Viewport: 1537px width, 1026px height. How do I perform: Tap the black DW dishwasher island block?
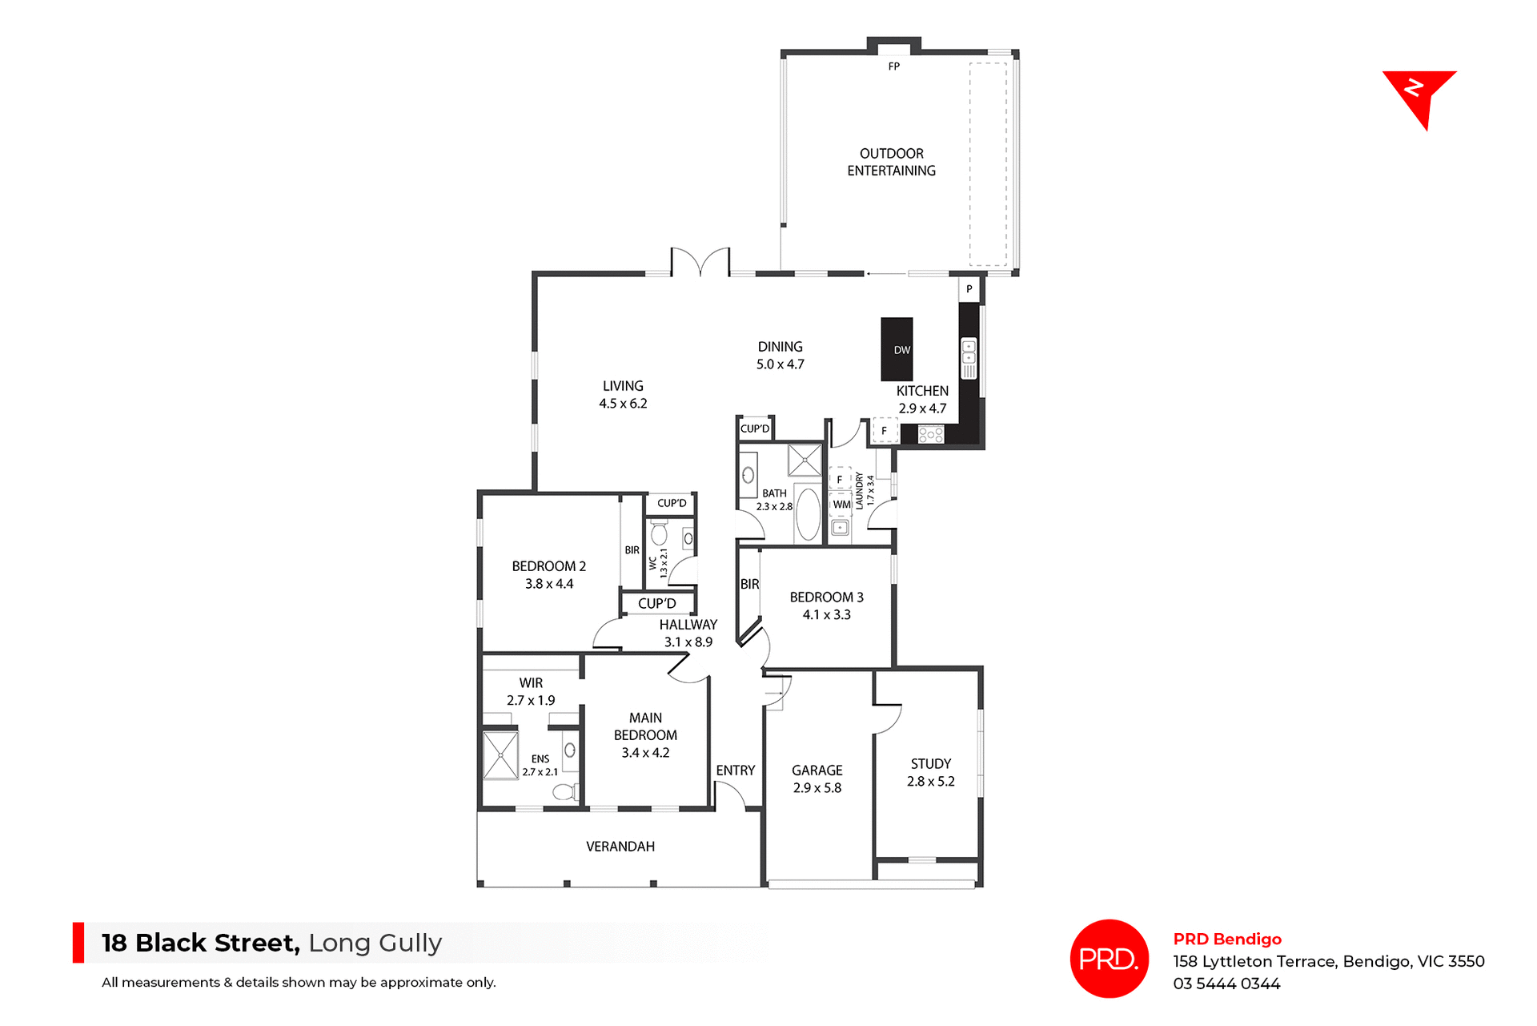click(x=897, y=349)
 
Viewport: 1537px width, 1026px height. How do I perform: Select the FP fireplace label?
click(x=893, y=66)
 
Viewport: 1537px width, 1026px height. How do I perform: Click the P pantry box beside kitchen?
click(x=969, y=289)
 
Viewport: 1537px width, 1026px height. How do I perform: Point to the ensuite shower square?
click(x=501, y=754)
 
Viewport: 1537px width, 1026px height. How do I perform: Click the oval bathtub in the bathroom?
click(x=808, y=513)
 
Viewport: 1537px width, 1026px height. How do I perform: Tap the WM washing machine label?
click(x=841, y=505)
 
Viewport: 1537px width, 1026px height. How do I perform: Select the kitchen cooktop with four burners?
click(x=930, y=435)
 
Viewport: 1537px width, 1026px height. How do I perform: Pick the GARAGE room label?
click(x=817, y=771)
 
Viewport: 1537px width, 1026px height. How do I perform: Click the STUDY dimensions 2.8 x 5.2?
click(x=930, y=782)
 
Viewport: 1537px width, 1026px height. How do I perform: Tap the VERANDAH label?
click(x=620, y=847)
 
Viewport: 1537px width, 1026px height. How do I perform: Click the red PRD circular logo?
click(x=1109, y=959)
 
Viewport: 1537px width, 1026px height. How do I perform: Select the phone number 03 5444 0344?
click(x=1226, y=984)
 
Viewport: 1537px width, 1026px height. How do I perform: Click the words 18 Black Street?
click(x=200, y=943)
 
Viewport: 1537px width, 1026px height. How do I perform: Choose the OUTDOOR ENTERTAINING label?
click(x=891, y=162)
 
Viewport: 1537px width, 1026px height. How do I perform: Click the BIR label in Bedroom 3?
click(x=749, y=585)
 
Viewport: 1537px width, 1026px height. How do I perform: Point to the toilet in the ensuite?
click(x=565, y=792)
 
